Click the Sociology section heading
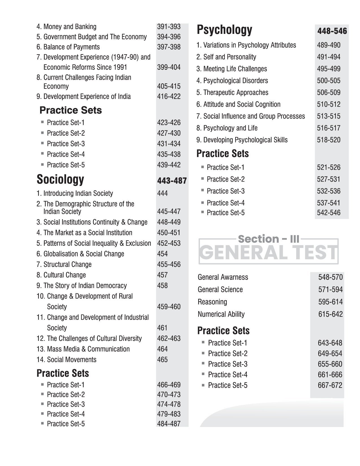point(60,179)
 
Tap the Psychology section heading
point(224,30)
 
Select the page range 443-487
point(172,181)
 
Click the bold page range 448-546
point(332,31)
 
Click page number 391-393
point(169,27)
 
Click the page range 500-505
point(328,81)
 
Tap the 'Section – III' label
point(268,239)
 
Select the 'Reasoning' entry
point(212,302)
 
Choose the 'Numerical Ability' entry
point(221,314)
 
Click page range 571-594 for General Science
point(330,289)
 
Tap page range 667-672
point(330,385)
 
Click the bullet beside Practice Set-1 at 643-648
point(203,342)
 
